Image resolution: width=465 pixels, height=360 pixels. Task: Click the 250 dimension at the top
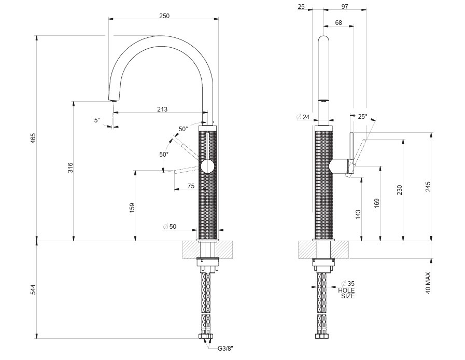click(x=164, y=16)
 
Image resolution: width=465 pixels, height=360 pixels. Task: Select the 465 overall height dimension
click(x=33, y=139)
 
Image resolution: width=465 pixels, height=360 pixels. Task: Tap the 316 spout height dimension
click(x=71, y=168)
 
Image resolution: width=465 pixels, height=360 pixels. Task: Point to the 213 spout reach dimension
click(x=162, y=109)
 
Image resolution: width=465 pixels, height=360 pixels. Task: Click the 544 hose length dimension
click(x=33, y=289)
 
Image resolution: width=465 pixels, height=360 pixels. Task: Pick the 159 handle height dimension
click(x=132, y=207)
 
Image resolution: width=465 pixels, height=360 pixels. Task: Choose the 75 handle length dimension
click(x=191, y=185)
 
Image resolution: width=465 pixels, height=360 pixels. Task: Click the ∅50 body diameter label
click(x=170, y=227)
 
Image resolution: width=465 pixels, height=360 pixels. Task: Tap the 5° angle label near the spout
click(x=97, y=120)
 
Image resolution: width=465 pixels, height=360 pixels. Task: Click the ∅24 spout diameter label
click(x=303, y=117)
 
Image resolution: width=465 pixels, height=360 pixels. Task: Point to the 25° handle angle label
click(x=362, y=117)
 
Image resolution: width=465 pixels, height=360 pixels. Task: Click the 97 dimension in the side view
click(x=345, y=6)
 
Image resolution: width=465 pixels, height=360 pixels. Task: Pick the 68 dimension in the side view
click(x=339, y=22)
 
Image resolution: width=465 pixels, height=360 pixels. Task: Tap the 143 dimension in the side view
click(x=358, y=214)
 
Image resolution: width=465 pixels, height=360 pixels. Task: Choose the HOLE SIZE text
click(x=347, y=293)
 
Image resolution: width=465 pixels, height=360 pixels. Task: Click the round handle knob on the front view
click(x=207, y=166)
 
